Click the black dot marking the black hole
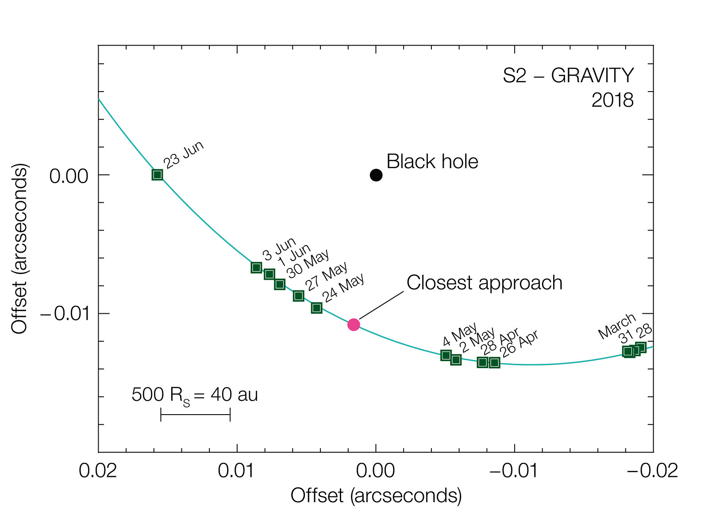[376, 175]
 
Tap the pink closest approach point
[354, 324]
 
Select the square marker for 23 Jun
[157, 175]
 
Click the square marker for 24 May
[316, 308]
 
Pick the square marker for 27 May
[299, 296]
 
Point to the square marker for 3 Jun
[256, 267]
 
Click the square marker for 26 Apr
[494, 363]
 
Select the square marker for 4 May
[446, 355]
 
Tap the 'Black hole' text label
[432, 162]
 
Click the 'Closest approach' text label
[485, 283]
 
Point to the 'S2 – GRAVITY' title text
[568, 76]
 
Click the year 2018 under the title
[612, 101]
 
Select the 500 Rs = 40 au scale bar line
[195, 415]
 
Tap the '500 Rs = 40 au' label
[195, 395]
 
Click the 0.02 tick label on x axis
[98, 471]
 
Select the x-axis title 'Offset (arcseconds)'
[376, 496]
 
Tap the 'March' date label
[617, 326]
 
